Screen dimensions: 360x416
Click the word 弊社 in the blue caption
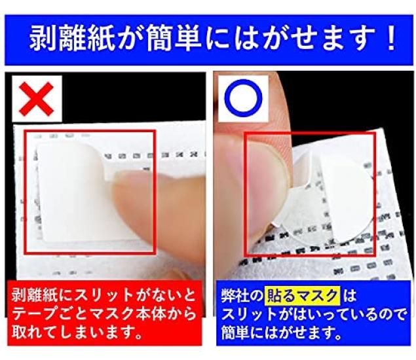(237, 296)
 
